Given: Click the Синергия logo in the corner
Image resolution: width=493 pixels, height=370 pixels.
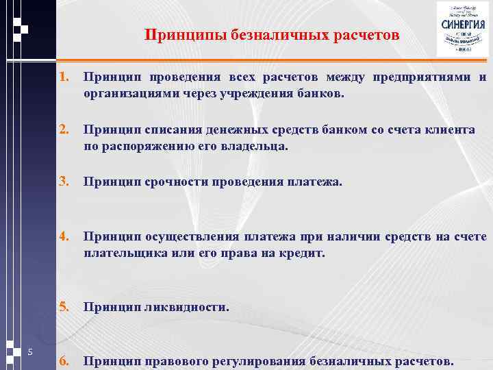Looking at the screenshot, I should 463,29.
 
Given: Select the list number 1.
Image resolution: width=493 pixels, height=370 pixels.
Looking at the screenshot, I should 64,77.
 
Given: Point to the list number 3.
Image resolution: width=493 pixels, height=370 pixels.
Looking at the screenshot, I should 64,182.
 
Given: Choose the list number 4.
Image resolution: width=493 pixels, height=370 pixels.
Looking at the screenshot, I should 64,236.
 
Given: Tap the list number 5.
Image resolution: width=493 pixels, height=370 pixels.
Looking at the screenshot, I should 64,308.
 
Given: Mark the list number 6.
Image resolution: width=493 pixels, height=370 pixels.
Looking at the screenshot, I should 64,360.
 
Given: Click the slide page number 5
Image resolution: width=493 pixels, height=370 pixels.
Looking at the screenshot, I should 31,352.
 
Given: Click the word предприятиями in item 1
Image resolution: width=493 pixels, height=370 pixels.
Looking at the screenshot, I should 420,77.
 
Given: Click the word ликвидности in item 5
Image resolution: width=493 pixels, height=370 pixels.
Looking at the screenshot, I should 186,308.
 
